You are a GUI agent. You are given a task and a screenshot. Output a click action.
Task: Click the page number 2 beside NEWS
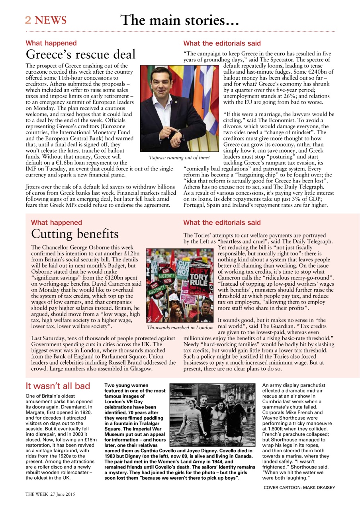tap(28, 20)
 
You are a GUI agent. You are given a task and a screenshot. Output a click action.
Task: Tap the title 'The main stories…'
tap(180, 20)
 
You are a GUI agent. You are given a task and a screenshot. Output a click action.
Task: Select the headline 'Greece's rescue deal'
tap(80, 54)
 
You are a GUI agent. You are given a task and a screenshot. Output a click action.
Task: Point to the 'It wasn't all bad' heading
tap(58, 386)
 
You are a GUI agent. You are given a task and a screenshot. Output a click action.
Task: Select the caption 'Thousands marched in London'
tap(180, 328)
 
